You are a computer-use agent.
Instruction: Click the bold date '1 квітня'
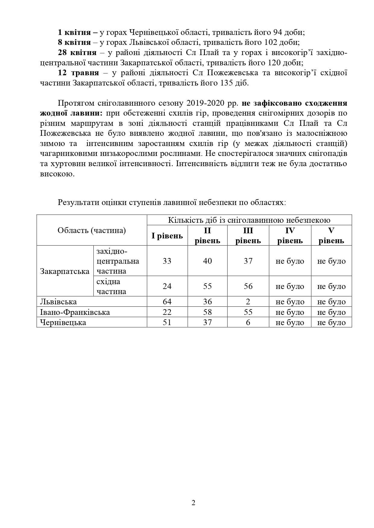pos(74,32)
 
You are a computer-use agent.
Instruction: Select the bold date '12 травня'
pos(78,73)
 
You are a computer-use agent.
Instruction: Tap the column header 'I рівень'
pos(167,235)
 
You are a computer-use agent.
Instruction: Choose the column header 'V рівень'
pos(331,235)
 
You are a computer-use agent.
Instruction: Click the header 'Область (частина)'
pos(92,230)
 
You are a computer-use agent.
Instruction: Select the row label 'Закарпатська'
pos(65,271)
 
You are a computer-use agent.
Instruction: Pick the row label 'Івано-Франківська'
pos(75,312)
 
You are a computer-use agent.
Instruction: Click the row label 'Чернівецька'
pos(63,322)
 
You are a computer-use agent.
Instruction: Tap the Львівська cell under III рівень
pos(248,302)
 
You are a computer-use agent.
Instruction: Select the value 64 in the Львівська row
pos(167,302)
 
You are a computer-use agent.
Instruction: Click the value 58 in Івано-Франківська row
pos(207,312)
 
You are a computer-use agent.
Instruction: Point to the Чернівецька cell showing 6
pos(248,322)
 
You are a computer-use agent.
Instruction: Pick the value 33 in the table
pos(167,261)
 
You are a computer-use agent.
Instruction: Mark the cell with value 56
pos(248,286)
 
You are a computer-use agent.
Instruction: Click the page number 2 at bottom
pos(193,503)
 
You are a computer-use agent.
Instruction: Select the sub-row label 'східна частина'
pos(111,286)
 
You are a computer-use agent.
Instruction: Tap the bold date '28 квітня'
pos(77,52)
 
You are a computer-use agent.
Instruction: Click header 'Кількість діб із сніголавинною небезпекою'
pos(249,220)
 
